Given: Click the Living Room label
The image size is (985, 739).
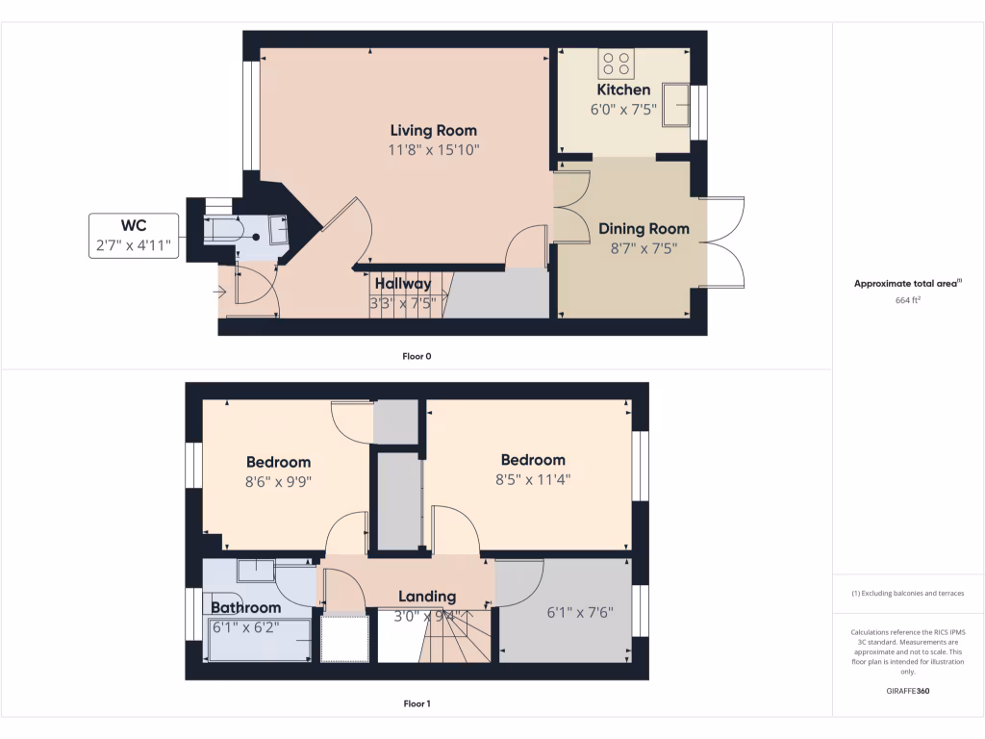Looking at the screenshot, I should (433, 130).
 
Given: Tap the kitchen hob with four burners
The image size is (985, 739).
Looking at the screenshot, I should (616, 64).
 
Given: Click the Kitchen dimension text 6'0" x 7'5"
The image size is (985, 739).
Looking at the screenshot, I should (623, 110).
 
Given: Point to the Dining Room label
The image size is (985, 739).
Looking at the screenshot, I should (644, 229).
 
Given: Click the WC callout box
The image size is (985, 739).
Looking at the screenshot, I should (134, 236).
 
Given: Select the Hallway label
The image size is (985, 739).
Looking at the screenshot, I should (403, 284).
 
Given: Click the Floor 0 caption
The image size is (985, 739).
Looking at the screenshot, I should (417, 356).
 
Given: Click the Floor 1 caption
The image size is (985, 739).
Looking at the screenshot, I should (417, 704).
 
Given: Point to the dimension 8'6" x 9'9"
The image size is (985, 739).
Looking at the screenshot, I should (278, 481).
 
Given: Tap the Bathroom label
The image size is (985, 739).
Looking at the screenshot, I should (246, 607).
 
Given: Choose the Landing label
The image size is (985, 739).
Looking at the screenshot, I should (428, 597).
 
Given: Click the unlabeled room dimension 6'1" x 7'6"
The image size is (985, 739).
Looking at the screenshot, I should (580, 612).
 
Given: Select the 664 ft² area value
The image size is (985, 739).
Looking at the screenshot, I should (908, 300).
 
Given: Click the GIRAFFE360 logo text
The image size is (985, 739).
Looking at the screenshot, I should (908, 691).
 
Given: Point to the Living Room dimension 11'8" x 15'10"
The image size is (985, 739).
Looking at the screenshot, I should (433, 150).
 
